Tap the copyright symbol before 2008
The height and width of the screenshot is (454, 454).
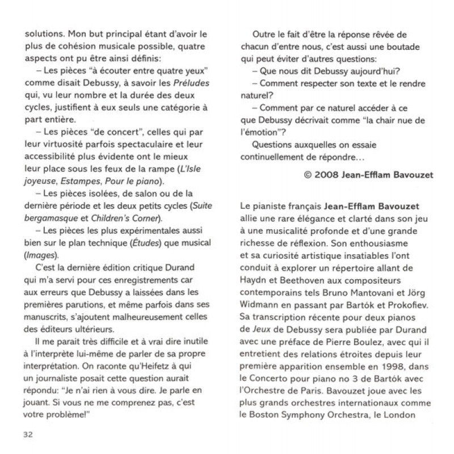[x=309, y=175]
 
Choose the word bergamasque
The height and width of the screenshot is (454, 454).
[x=51, y=219]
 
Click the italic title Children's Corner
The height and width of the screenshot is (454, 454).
[x=125, y=219]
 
